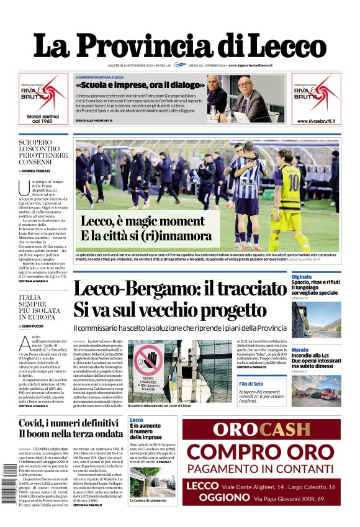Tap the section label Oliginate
[302, 277]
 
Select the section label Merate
[300, 350]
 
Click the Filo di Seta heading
[304, 384]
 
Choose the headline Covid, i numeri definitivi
[71, 423]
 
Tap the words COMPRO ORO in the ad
[261, 451]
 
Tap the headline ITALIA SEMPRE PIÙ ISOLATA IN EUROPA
[38, 307]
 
